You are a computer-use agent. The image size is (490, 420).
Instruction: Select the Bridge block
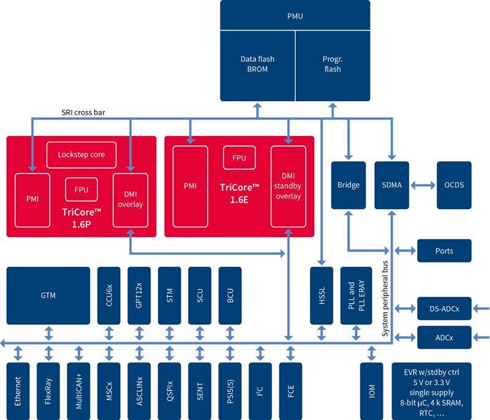[348, 185]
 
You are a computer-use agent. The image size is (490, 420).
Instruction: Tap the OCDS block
[454, 185]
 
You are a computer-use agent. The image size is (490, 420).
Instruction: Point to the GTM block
[48, 296]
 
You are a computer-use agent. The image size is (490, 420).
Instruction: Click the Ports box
[444, 251]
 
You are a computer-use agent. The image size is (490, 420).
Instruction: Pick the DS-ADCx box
[444, 308]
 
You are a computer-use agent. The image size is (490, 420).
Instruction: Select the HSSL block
[322, 296]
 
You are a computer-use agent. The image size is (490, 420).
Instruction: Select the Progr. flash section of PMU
[333, 64]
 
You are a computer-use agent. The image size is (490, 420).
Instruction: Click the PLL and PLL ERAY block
[352, 296]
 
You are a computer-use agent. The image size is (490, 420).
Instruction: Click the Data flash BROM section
[257, 64]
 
